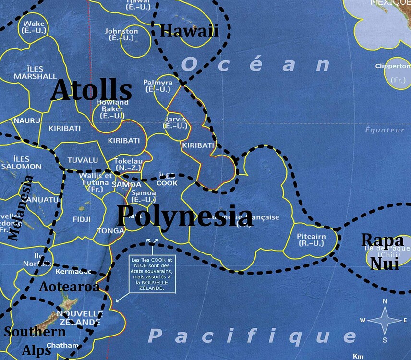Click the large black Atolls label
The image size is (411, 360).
(91, 91)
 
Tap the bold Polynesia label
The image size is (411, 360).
(185, 217)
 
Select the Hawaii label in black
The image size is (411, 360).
(189, 32)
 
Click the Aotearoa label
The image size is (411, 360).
(70, 287)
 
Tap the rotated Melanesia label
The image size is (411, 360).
(21, 207)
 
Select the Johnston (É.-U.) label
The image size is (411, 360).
(121, 35)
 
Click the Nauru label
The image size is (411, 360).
(24, 120)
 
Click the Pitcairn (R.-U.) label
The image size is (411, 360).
(311, 240)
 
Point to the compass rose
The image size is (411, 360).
(386, 320)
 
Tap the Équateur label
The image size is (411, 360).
(385, 130)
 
